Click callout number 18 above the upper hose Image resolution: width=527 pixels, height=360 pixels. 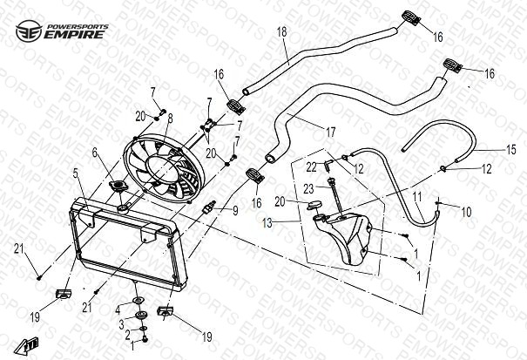[x=281, y=32]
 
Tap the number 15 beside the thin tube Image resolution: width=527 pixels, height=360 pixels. [x=511, y=149]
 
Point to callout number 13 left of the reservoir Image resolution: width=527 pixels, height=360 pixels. [x=267, y=224]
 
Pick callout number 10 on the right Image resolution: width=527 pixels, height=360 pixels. [x=466, y=212]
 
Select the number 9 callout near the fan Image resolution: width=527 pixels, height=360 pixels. [x=233, y=210]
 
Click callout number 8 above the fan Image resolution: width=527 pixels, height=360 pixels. [x=171, y=118]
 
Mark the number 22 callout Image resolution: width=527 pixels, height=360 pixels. [x=310, y=165]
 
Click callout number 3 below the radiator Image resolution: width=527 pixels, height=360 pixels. [x=123, y=324]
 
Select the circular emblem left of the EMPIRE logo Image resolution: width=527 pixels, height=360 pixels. [x=27, y=31]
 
